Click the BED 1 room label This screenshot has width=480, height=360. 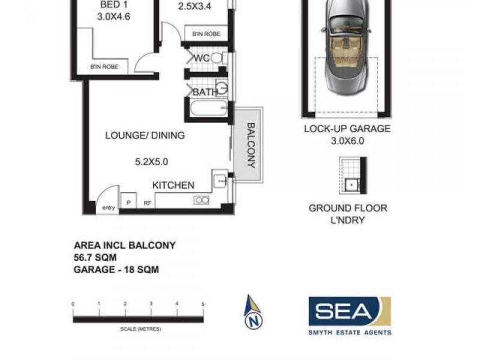[113, 6]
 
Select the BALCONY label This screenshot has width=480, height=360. [251, 145]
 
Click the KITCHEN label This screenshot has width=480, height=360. [173, 185]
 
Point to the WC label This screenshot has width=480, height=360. [201, 58]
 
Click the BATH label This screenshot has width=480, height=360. [205, 92]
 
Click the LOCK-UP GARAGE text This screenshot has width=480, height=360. [347, 128]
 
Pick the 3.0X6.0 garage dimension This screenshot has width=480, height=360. [347, 142]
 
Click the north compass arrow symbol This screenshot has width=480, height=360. [254, 312]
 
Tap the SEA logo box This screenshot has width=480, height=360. [349, 311]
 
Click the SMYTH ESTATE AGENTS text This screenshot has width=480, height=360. [350, 332]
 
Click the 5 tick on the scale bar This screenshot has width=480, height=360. [203, 305]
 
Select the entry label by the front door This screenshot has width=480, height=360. [108, 208]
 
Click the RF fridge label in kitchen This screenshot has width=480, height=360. [147, 203]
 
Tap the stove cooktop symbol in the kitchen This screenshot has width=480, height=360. [201, 200]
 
